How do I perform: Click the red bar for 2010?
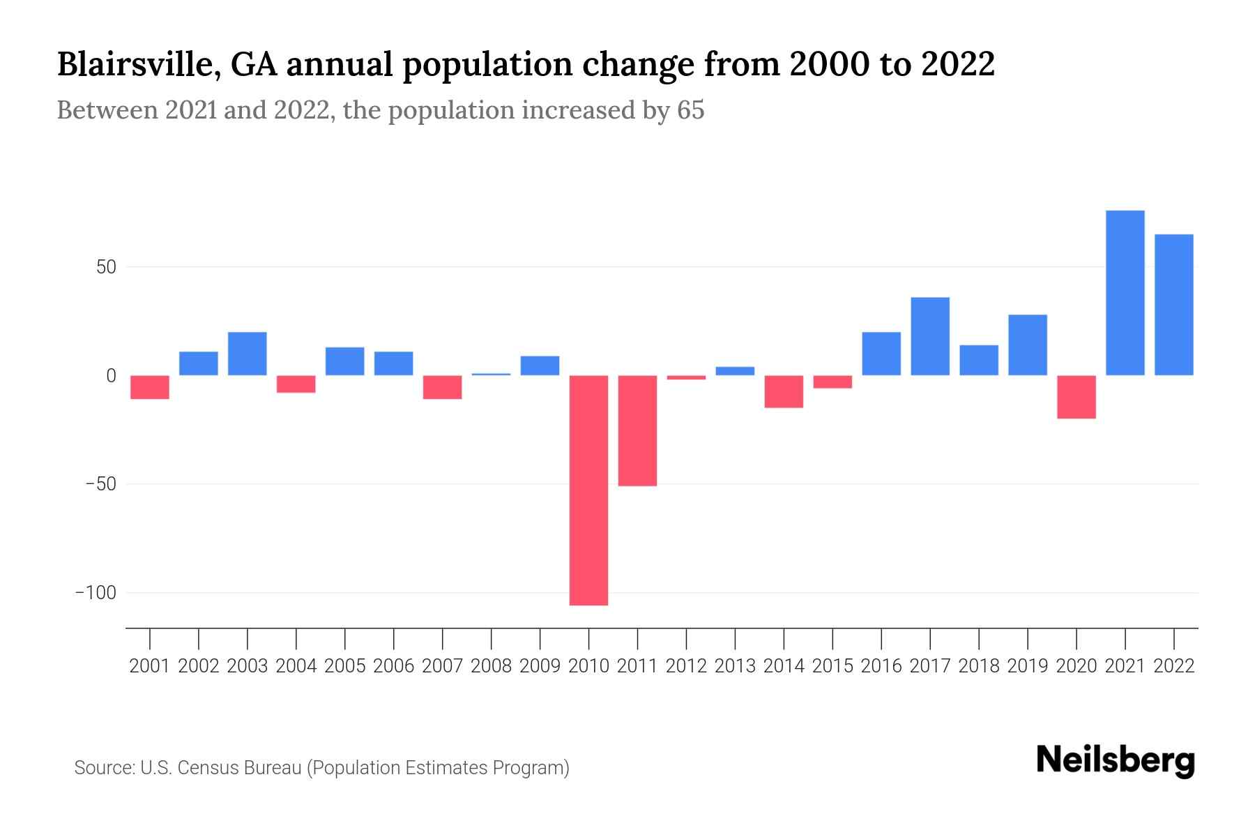(x=588, y=490)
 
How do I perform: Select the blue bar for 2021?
(x=1125, y=293)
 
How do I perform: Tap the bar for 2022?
(x=1173, y=305)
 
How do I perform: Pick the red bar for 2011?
(x=637, y=430)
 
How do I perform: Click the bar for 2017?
(x=930, y=336)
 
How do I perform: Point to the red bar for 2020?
(x=1076, y=397)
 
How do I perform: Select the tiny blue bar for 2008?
(x=491, y=375)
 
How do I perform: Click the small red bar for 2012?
(x=686, y=377)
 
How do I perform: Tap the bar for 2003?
(x=248, y=354)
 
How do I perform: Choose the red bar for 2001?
(x=150, y=387)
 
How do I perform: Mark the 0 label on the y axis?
(x=111, y=376)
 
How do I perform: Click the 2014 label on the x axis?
(x=784, y=666)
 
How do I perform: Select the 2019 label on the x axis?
(x=1027, y=666)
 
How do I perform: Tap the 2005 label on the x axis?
(x=345, y=666)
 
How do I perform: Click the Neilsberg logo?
(x=1116, y=761)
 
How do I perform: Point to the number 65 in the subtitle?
(x=690, y=110)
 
